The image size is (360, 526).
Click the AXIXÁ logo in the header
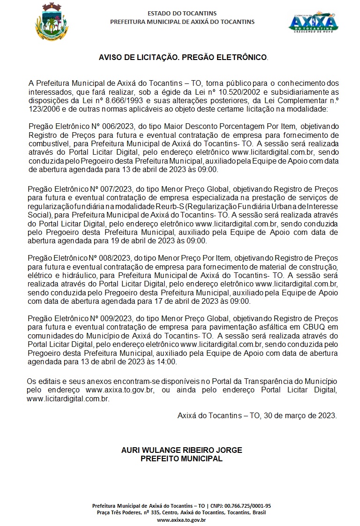(313, 23)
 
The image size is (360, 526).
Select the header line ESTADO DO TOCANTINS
(182, 14)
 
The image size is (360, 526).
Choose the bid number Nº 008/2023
(111, 259)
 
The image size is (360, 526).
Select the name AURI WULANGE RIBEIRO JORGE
(182, 450)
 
